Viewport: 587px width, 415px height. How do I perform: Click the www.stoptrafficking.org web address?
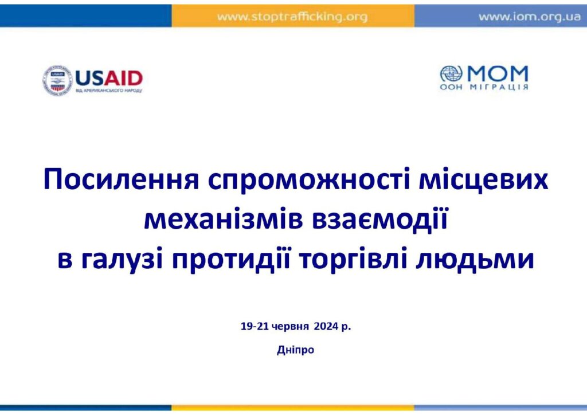(292, 17)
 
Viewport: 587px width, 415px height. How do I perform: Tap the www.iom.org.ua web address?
(529, 17)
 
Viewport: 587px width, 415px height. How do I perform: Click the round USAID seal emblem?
(57, 80)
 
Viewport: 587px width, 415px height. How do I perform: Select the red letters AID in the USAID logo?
(123, 79)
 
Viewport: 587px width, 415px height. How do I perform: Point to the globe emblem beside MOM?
(451, 74)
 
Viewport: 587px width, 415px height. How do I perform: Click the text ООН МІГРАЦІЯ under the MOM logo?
(484, 87)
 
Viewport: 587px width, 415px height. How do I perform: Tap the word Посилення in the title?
(122, 179)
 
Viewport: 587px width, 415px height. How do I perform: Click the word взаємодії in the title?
(380, 220)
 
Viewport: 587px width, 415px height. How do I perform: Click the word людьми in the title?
(475, 260)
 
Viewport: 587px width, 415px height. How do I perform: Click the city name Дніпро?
(295, 350)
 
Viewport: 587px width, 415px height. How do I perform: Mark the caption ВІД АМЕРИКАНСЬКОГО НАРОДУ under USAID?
(109, 91)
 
